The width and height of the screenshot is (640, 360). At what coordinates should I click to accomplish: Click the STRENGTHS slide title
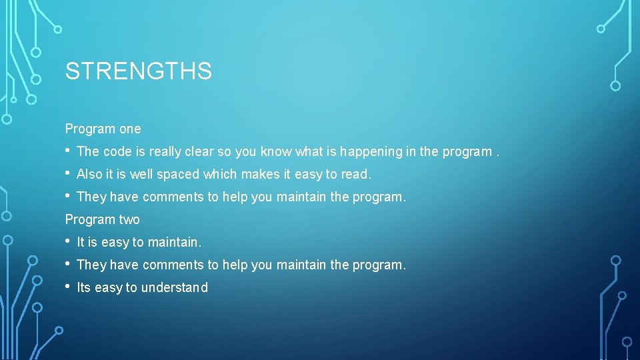(x=138, y=71)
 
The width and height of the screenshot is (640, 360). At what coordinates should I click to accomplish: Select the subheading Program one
(x=103, y=129)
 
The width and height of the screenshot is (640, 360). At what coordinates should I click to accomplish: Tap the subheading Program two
(x=102, y=219)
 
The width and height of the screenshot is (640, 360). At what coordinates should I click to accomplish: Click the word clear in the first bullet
(x=199, y=152)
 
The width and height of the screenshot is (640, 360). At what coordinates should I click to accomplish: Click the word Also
(x=89, y=175)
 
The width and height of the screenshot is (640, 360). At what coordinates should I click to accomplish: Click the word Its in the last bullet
(x=84, y=288)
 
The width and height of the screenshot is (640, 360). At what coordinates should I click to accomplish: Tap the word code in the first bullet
(x=117, y=152)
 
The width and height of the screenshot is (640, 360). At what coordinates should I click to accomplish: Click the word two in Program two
(x=129, y=219)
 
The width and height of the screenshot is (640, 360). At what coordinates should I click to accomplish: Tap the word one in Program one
(x=130, y=129)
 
